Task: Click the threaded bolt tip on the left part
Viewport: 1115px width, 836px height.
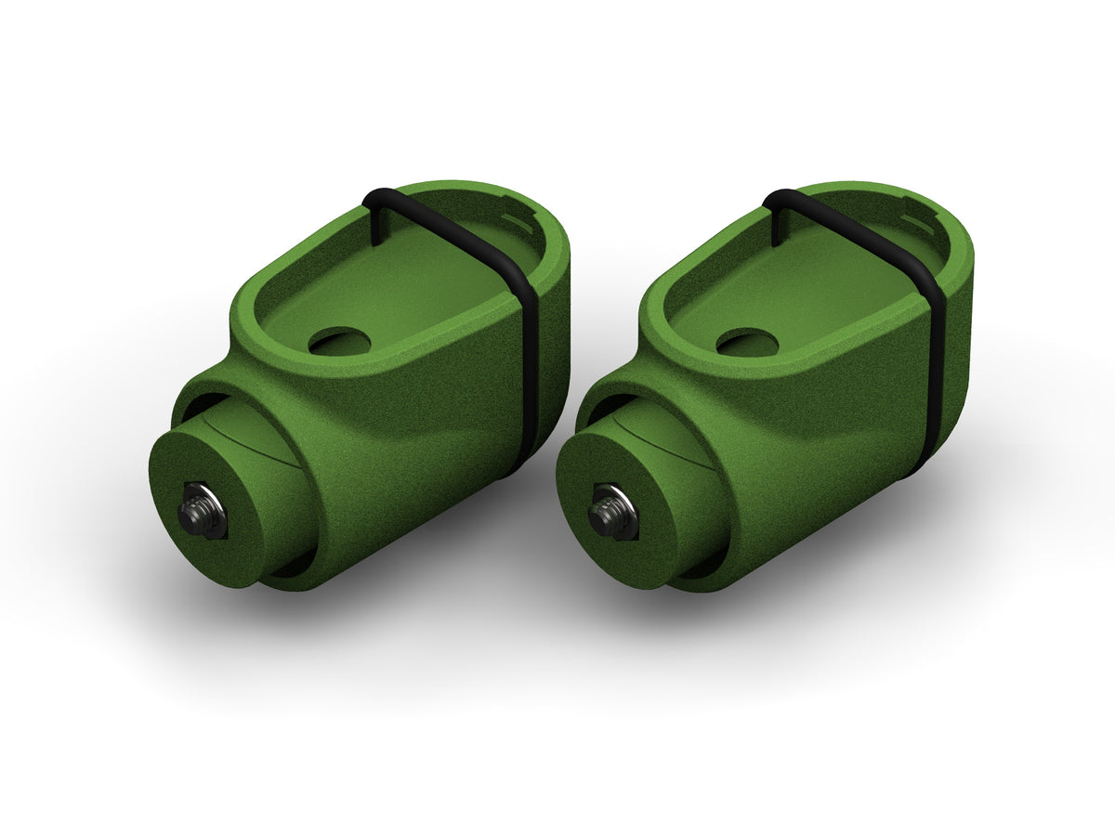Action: click(198, 511)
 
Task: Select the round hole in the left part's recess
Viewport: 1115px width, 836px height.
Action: click(339, 342)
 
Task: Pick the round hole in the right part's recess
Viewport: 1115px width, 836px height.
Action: click(748, 343)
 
